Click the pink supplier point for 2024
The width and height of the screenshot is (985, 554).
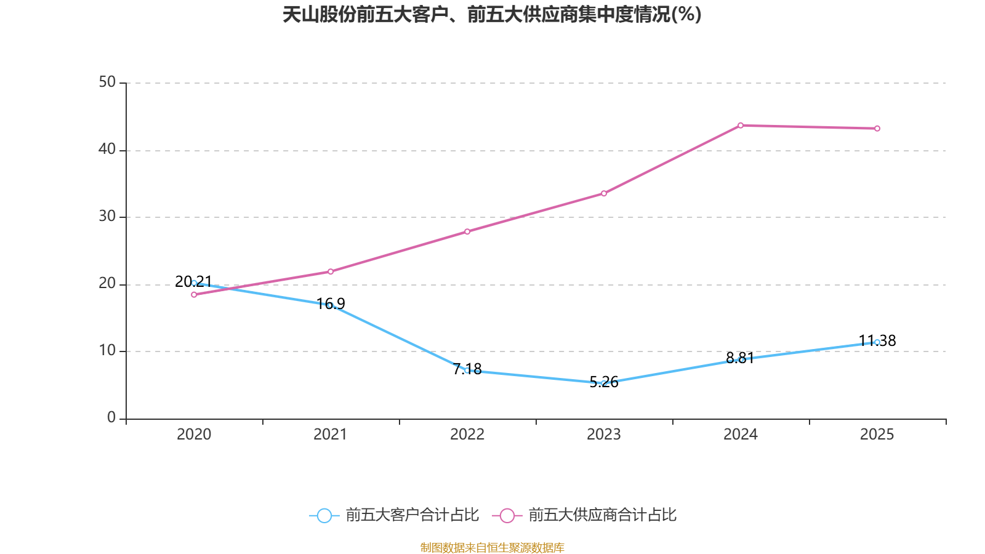pyautogui.click(x=741, y=126)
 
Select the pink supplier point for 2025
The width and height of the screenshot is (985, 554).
pyautogui.click(x=877, y=129)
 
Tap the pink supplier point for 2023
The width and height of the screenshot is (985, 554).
pyautogui.click(x=604, y=194)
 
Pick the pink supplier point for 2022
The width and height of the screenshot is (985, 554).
pyautogui.click(x=467, y=231)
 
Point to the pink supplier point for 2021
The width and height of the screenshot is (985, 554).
pyautogui.click(x=331, y=271)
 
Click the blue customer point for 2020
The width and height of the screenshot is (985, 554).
pyautogui.click(x=194, y=283)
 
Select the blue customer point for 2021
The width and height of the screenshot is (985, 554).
pyautogui.click(x=331, y=305)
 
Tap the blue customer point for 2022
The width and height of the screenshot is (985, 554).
pyautogui.click(x=467, y=371)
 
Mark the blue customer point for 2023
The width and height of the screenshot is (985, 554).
pyautogui.click(x=604, y=383)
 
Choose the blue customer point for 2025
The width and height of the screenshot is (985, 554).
pyautogui.click(x=877, y=342)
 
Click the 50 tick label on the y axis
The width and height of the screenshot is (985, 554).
pyautogui.click(x=107, y=82)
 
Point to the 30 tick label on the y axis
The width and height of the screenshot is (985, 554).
pyautogui.click(x=107, y=217)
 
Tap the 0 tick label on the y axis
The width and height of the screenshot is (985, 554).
pyautogui.click(x=111, y=418)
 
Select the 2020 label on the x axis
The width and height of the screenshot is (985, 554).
pyautogui.click(x=194, y=435)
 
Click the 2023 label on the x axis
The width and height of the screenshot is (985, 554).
pyautogui.click(x=604, y=435)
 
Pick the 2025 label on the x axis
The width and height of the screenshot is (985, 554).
pyautogui.click(x=877, y=435)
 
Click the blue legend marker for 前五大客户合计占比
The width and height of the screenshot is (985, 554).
pyautogui.click(x=324, y=515)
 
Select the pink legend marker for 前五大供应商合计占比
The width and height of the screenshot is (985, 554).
pyautogui.click(x=507, y=515)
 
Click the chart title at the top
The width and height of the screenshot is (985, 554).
pyautogui.click(x=492, y=15)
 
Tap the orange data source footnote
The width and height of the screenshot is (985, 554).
pyautogui.click(x=492, y=547)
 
